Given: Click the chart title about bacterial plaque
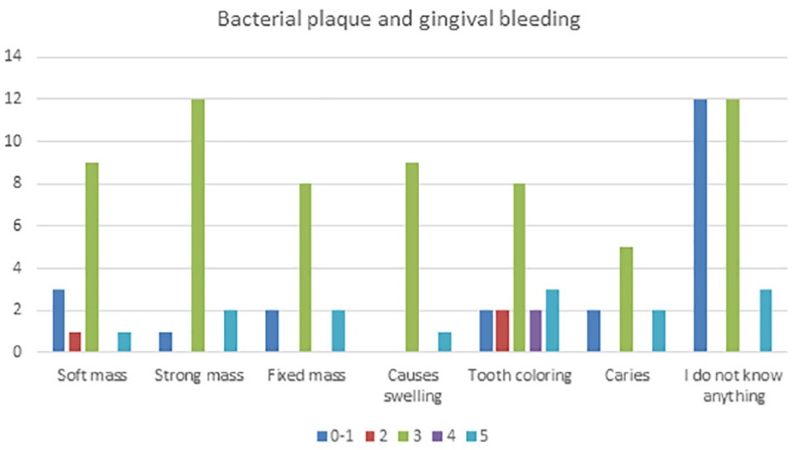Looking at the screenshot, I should (397, 20).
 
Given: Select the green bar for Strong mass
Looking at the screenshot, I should (197, 225).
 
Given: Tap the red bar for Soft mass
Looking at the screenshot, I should (75, 342).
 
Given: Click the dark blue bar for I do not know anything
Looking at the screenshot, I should (700, 225).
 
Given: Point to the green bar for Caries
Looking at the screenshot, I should (626, 299).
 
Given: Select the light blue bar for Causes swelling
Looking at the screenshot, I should (445, 342).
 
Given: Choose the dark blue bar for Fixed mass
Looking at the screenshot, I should (272, 331).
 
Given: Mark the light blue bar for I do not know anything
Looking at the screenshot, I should (766, 320).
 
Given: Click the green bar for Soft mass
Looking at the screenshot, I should (91, 257).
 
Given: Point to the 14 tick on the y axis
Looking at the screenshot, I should (17, 58).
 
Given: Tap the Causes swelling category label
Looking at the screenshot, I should (414, 386).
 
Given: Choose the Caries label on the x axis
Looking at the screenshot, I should (627, 376).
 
